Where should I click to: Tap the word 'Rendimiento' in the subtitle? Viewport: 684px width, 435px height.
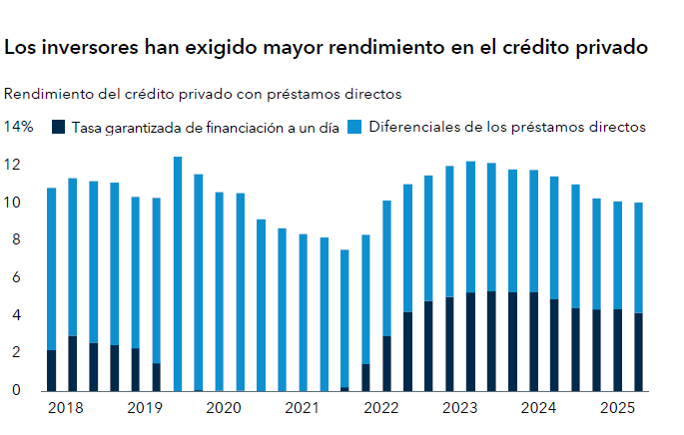pos(47,94)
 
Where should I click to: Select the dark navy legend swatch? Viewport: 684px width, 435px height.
pos(58,127)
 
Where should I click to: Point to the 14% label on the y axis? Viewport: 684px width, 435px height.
pos(19,127)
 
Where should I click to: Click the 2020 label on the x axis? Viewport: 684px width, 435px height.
pos(223,408)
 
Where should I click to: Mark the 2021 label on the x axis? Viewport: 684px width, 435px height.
pos(302,408)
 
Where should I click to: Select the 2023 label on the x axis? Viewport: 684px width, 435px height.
pos(459,408)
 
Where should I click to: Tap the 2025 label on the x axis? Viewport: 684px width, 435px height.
pos(616,408)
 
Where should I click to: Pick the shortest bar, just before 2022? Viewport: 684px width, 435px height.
pos(344,319)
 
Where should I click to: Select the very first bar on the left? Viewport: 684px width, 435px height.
pos(51,288)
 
